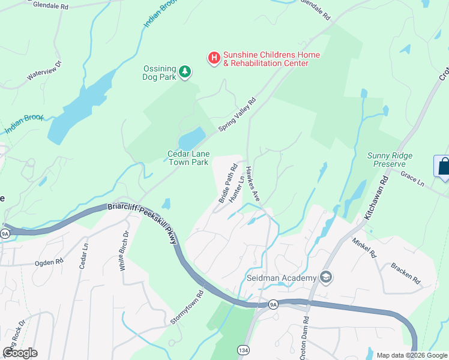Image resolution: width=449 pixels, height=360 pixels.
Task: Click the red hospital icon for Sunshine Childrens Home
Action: point(214,58)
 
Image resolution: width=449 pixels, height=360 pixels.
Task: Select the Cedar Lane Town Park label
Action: point(187,158)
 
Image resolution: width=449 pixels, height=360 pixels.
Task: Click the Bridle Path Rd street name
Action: point(228,183)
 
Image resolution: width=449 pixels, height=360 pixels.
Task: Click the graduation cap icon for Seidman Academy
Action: point(326,277)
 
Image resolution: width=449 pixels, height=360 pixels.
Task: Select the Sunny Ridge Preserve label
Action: point(390,160)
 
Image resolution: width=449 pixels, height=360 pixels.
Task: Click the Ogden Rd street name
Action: point(50,262)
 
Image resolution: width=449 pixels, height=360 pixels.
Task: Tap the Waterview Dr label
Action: point(44,70)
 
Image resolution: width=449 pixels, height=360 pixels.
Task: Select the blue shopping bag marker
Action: point(443,166)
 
